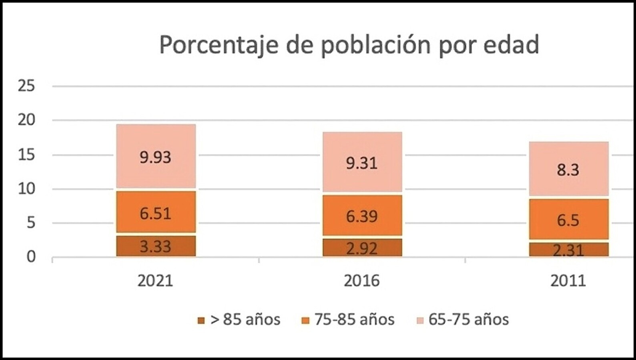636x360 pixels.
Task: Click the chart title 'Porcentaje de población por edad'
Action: (x=349, y=45)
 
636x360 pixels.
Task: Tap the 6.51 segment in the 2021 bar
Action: (x=156, y=212)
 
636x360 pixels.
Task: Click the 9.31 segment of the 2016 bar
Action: (x=362, y=162)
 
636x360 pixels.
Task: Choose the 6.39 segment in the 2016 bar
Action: (x=362, y=216)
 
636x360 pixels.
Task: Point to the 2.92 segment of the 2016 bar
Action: (x=362, y=248)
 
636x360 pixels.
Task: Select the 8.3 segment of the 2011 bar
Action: (x=568, y=169)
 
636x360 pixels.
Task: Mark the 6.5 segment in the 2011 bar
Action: (x=568, y=220)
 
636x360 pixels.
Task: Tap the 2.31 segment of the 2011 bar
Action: (x=568, y=250)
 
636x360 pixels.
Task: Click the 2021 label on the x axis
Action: (x=155, y=281)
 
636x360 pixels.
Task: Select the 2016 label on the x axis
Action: (x=361, y=281)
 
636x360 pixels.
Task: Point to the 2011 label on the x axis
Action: (x=568, y=281)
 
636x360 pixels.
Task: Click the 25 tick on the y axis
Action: (x=26, y=86)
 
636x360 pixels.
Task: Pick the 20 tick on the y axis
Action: (x=26, y=120)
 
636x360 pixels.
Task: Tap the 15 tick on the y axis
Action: (x=26, y=154)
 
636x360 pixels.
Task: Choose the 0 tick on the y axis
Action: (x=31, y=257)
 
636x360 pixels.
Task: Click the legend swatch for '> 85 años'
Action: (x=201, y=320)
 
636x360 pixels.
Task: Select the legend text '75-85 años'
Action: (x=354, y=320)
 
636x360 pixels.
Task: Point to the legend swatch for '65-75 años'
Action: (x=420, y=320)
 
